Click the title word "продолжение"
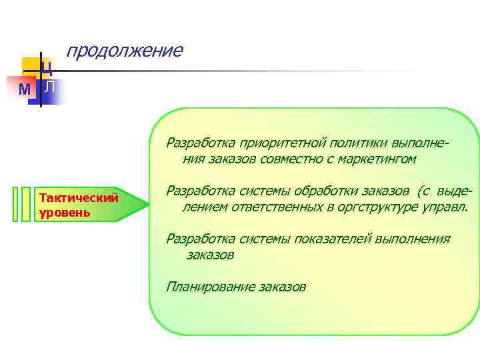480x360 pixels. tap(124, 51)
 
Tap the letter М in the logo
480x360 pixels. tap(25, 89)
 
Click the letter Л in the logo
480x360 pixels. tap(50, 87)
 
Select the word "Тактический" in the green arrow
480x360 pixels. tap(79, 197)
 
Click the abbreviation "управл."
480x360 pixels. tap(445, 207)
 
